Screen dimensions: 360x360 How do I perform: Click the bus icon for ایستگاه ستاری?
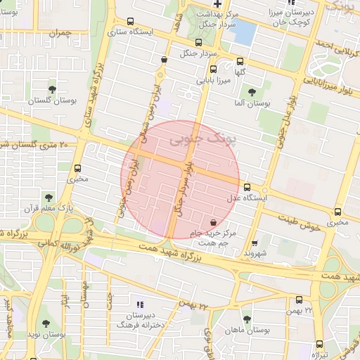[131, 22]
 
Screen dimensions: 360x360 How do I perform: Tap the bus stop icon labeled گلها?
[240, 61]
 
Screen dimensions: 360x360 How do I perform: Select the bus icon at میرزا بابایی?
[214, 69]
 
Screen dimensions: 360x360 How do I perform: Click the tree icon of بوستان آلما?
[252, 92]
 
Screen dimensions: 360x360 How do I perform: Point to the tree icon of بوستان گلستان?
[52, 89]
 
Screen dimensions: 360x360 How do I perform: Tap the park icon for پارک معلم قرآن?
[48, 198]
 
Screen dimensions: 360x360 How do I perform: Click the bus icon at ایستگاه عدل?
[247, 187]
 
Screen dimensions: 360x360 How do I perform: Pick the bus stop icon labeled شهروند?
[255, 243]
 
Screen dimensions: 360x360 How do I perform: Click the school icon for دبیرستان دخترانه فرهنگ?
[139, 304]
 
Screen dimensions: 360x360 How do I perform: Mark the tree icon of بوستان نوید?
[46, 323]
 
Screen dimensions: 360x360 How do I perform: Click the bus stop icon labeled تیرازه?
[320, 345]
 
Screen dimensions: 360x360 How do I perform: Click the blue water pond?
[244, 32]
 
